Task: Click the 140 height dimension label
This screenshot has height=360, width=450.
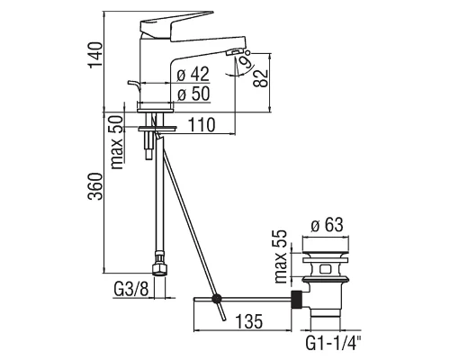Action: coord(96,56)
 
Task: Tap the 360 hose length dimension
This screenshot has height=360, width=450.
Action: coord(95,186)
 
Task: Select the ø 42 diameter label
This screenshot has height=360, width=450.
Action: coord(193,74)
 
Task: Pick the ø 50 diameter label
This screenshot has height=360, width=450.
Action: coord(193,94)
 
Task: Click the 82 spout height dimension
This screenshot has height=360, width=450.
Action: coord(260,78)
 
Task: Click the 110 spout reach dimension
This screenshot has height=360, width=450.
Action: coord(202,125)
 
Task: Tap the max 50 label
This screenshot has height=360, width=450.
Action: coord(117,142)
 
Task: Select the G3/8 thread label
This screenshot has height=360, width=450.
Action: coord(131,289)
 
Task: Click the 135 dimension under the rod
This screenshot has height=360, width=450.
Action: coord(249,321)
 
